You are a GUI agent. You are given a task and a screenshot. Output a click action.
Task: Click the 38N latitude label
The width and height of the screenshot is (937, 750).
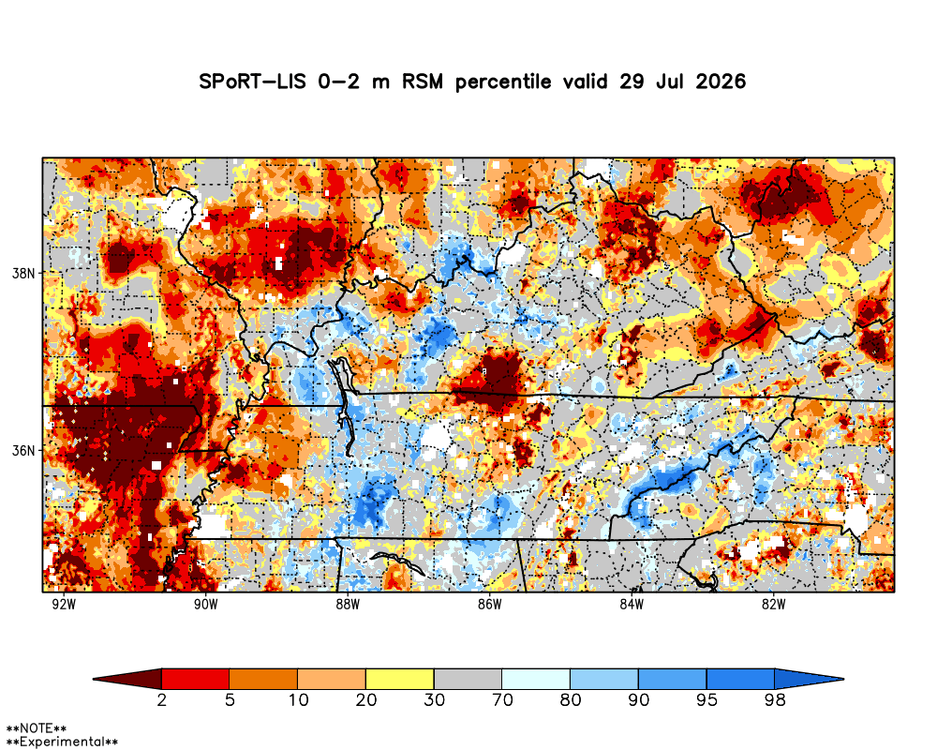tap(22, 274)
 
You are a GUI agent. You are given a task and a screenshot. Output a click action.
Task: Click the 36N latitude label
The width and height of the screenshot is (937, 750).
tap(22, 450)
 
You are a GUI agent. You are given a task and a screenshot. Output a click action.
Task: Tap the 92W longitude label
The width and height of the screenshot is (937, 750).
tap(64, 604)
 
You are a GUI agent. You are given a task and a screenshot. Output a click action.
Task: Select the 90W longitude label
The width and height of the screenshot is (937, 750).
tap(205, 604)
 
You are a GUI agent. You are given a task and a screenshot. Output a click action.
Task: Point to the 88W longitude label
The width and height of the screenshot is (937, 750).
tap(348, 604)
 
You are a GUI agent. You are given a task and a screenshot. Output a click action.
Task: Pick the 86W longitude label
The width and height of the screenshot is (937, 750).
tap(489, 604)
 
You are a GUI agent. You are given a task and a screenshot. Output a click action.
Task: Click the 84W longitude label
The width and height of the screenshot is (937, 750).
tap(632, 604)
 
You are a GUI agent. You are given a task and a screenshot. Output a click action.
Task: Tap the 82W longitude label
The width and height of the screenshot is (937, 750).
tap(773, 604)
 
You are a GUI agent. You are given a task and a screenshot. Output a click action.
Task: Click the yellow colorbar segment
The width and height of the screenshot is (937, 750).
tap(400, 679)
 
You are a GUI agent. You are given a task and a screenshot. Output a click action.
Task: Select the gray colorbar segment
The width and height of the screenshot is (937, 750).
tap(468, 679)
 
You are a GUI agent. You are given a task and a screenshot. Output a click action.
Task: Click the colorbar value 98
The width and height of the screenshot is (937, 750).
tap(775, 699)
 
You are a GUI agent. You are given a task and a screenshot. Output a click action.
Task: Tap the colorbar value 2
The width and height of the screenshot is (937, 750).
tap(161, 699)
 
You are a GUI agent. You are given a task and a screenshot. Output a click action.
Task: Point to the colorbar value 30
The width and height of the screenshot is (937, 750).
tap(435, 699)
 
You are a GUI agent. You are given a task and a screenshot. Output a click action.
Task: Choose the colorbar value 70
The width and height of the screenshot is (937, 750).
tap(502, 699)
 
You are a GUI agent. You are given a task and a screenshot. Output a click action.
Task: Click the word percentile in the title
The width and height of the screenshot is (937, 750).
tap(503, 82)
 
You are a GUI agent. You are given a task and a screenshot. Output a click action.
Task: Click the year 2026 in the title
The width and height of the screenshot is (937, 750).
tap(721, 82)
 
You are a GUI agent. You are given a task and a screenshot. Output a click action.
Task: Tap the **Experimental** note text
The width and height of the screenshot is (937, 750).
tap(62, 742)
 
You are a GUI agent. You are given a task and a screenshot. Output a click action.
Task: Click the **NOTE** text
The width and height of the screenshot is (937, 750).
tap(36, 728)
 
